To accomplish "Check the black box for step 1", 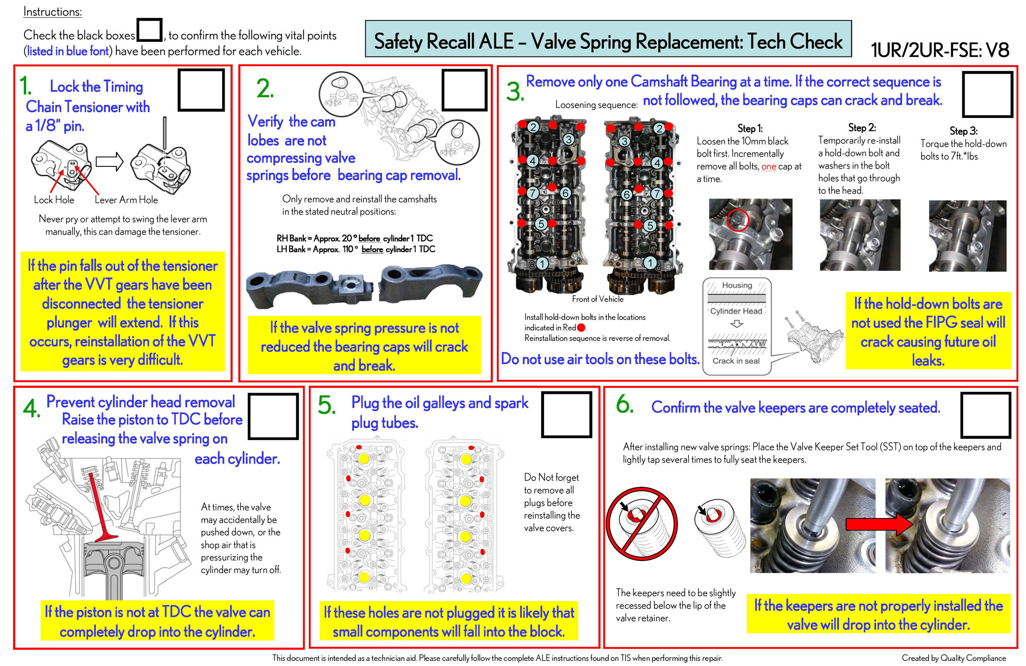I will [x=201, y=90].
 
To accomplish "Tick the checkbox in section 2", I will [x=464, y=90].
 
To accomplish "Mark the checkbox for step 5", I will [x=566, y=414].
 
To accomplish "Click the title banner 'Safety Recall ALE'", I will [x=608, y=40].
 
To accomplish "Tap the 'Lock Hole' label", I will [x=54, y=200].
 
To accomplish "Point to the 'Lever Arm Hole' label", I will [x=126, y=200].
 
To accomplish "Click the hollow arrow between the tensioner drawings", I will [x=109, y=162].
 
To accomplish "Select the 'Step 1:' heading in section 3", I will [x=749, y=128].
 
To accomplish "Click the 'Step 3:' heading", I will [x=964, y=131].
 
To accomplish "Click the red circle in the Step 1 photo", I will [x=738, y=220].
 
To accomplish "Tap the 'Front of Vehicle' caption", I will [x=598, y=299].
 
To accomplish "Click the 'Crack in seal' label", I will [x=736, y=361].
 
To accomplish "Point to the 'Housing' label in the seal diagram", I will [x=737, y=285].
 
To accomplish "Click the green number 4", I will [x=32, y=408].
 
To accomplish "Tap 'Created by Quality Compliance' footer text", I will [x=954, y=658].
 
